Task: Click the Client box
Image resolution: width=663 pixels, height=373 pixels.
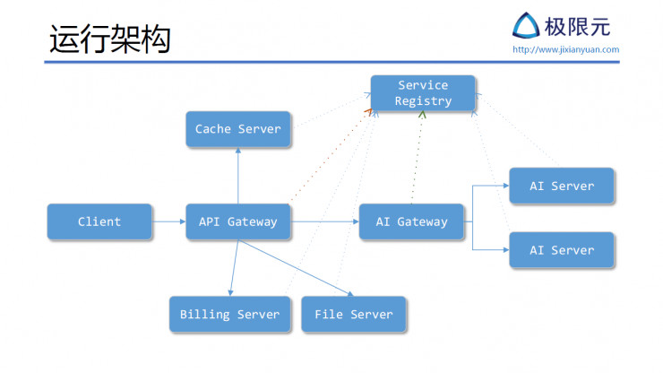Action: (x=99, y=221)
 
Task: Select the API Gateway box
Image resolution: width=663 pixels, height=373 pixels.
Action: (x=238, y=221)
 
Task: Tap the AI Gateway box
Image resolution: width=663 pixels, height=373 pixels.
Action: (x=411, y=221)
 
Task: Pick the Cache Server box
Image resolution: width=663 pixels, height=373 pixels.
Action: (x=238, y=129)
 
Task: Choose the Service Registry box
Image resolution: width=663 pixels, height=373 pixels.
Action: (x=423, y=93)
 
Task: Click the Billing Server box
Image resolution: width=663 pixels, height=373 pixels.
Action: (x=230, y=315)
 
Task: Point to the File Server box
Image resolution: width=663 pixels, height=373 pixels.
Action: (x=354, y=315)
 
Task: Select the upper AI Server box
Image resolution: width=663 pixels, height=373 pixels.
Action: (x=562, y=186)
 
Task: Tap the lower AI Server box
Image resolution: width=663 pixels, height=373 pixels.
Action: (x=562, y=250)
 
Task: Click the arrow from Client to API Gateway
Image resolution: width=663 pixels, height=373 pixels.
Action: (x=168, y=221)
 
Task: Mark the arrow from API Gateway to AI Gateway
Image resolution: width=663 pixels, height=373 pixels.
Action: (x=324, y=221)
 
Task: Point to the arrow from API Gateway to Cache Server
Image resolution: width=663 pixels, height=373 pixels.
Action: (x=238, y=176)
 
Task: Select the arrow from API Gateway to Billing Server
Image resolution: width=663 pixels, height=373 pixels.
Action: (x=233, y=267)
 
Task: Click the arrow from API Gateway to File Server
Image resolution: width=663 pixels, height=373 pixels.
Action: (x=296, y=267)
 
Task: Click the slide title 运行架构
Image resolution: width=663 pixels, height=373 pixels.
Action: (x=109, y=39)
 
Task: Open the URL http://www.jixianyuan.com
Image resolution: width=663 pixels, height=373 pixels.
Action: (x=565, y=49)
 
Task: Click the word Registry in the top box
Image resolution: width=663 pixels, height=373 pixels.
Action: (x=423, y=101)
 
